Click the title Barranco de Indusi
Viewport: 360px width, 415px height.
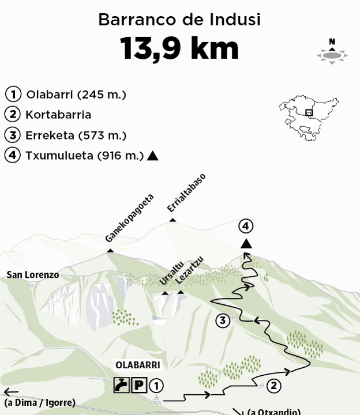[179, 20]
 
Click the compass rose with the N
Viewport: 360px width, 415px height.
[332, 52]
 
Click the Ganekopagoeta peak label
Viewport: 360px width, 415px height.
[130, 217]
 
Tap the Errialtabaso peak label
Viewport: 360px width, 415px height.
[186, 193]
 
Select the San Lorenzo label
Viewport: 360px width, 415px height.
[33, 275]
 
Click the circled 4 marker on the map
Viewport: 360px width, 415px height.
[246, 226]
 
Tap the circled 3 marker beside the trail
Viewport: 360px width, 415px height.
[223, 321]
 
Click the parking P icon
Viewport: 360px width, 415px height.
[138, 385]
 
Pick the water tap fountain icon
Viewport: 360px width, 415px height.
[121, 385]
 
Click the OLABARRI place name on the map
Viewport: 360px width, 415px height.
[137, 365]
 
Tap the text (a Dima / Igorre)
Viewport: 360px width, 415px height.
[39, 403]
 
